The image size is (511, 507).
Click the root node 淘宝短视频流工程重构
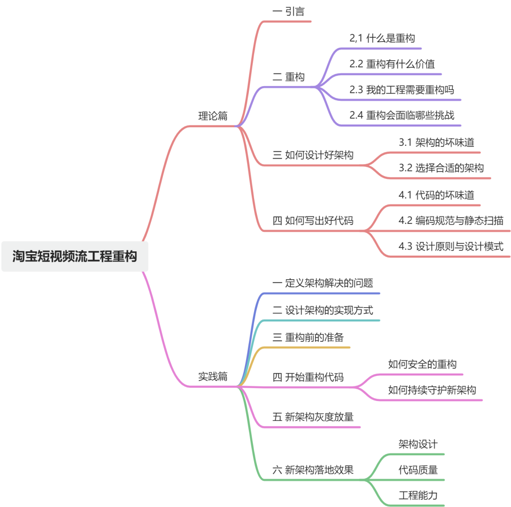(x=75, y=257)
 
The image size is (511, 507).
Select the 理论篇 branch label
(x=212, y=116)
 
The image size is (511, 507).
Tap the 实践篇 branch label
(x=212, y=377)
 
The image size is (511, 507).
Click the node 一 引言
(x=289, y=11)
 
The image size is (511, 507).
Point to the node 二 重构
(x=289, y=77)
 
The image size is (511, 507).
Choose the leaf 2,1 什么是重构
(x=382, y=38)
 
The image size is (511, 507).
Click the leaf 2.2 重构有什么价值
(x=392, y=64)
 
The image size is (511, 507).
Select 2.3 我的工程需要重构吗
(x=402, y=89)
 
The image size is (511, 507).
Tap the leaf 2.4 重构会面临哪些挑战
(x=402, y=115)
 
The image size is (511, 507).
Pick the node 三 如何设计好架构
(x=313, y=155)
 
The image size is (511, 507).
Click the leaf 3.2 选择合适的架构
(x=441, y=168)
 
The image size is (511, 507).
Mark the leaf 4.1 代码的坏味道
(x=436, y=195)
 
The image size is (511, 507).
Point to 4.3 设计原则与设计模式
(x=451, y=246)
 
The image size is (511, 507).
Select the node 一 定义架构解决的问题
(x=323, y=283)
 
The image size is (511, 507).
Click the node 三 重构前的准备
(x=308, y=338)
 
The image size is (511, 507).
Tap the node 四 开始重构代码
(x=308, y=377)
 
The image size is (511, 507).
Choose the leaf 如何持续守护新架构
(x=432, y=390)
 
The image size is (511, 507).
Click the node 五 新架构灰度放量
(x=313, y=417)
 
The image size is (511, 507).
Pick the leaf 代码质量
(x=418, y=470)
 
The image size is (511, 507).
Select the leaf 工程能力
(x=418, y=496)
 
